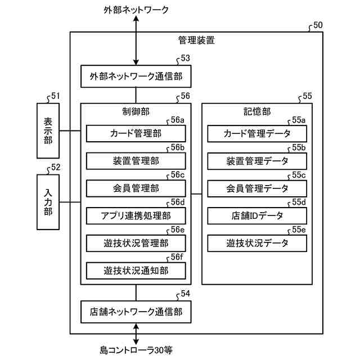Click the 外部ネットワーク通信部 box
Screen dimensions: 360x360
point(136,76)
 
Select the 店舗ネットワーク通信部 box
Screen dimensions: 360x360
point(136,312)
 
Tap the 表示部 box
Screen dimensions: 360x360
point(48,131)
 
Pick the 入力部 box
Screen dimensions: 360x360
point(48,202)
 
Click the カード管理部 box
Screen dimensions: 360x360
point(136,133)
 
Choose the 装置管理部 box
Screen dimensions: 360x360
point(136,161)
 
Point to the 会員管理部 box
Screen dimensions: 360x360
point(136,188)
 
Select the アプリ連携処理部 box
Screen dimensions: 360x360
point(136,216)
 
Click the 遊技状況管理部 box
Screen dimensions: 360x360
point(136,244)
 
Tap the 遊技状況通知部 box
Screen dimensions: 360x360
point(136,271)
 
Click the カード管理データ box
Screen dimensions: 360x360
point(257,134)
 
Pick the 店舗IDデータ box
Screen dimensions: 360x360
point(257,216)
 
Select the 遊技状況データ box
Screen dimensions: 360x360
point(257,244)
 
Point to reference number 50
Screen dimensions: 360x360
point(318,25)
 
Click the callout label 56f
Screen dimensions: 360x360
point(177,257)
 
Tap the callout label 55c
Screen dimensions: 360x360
point(299,175)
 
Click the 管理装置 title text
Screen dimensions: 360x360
point(196,40)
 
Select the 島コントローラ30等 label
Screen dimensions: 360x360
point(136,350)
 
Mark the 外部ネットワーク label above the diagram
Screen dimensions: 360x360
point(136,10)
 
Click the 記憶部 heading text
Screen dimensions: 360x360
point(257,112)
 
